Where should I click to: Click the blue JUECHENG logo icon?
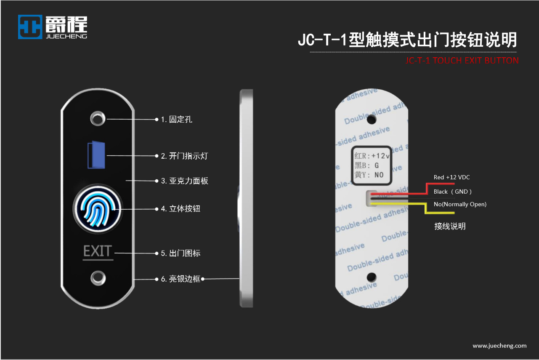[x=30, y=27]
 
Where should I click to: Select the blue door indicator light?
[x=96, y=155]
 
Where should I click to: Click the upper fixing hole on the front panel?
[x=98, y=118]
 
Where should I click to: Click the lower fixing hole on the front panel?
[x=98, y=278]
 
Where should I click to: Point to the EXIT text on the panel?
[x=97, y=251]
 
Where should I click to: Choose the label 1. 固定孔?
[x=176, y=120]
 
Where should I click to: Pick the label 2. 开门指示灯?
[x=184, y=156]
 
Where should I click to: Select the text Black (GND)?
[x=453, y=192]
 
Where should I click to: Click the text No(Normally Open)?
[x=460, y=205]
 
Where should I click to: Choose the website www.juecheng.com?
[x=499, y=346]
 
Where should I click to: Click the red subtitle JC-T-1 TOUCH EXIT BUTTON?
[x=462, y=60]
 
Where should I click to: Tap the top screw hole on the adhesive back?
[x=371, y=119]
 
